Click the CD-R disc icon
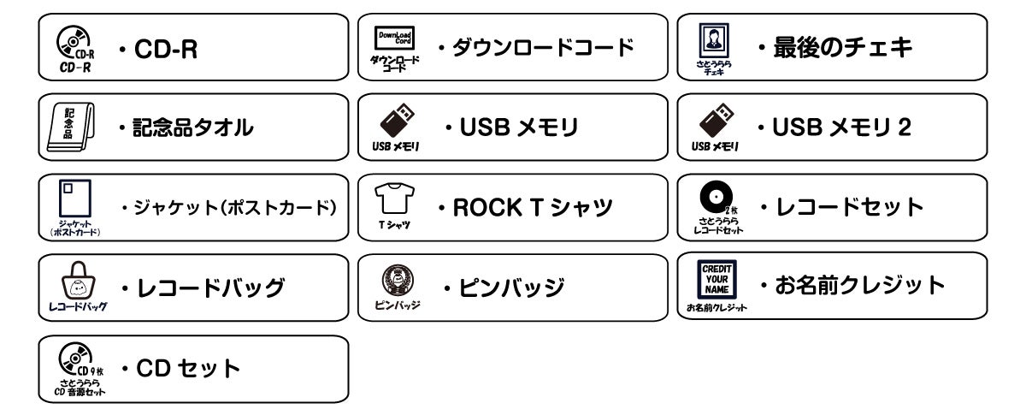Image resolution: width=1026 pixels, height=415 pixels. [74, 42]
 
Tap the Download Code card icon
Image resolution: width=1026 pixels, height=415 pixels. [394, 38]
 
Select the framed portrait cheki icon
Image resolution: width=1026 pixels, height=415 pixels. [714, 40]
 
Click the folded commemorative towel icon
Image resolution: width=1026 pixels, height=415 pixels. [71, 127]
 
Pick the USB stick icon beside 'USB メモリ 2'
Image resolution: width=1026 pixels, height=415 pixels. [716, 120]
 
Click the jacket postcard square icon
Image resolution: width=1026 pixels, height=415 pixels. [75, 199]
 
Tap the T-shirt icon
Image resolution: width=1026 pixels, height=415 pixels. [394, 199]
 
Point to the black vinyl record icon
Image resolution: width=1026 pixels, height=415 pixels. [716, 197]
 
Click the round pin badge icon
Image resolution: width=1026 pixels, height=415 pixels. [398, 280]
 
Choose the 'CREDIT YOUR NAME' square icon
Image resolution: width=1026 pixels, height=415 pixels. [716, 279]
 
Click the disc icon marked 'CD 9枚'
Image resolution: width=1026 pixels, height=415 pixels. [75, 359]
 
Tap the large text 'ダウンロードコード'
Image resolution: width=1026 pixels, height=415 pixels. [543, 48]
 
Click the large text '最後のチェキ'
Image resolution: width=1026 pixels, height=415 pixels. [843, 48]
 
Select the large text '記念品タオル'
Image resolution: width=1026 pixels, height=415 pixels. [193, 127]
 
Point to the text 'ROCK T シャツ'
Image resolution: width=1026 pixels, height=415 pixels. [533, 207]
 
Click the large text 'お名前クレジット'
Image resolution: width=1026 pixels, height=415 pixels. [860, 285]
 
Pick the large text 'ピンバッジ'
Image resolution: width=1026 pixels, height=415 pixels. [511, 288]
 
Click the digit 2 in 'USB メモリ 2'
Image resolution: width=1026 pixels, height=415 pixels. [905, 127]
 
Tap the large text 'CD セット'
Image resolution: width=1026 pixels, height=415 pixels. [188, 368]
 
